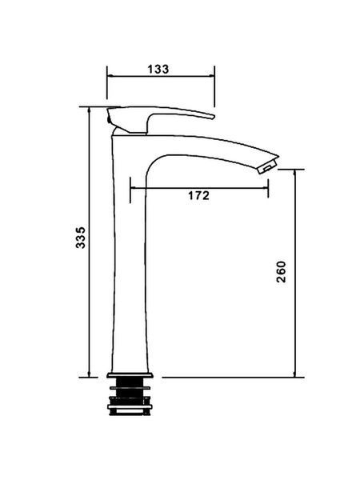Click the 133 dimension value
pos(158,69)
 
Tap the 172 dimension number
pos(198,195)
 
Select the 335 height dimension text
pos(81,238)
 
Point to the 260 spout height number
pos(281,272)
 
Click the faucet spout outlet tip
pos(269,166)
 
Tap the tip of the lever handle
pos(212,117)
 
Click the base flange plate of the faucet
pos(130,375)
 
